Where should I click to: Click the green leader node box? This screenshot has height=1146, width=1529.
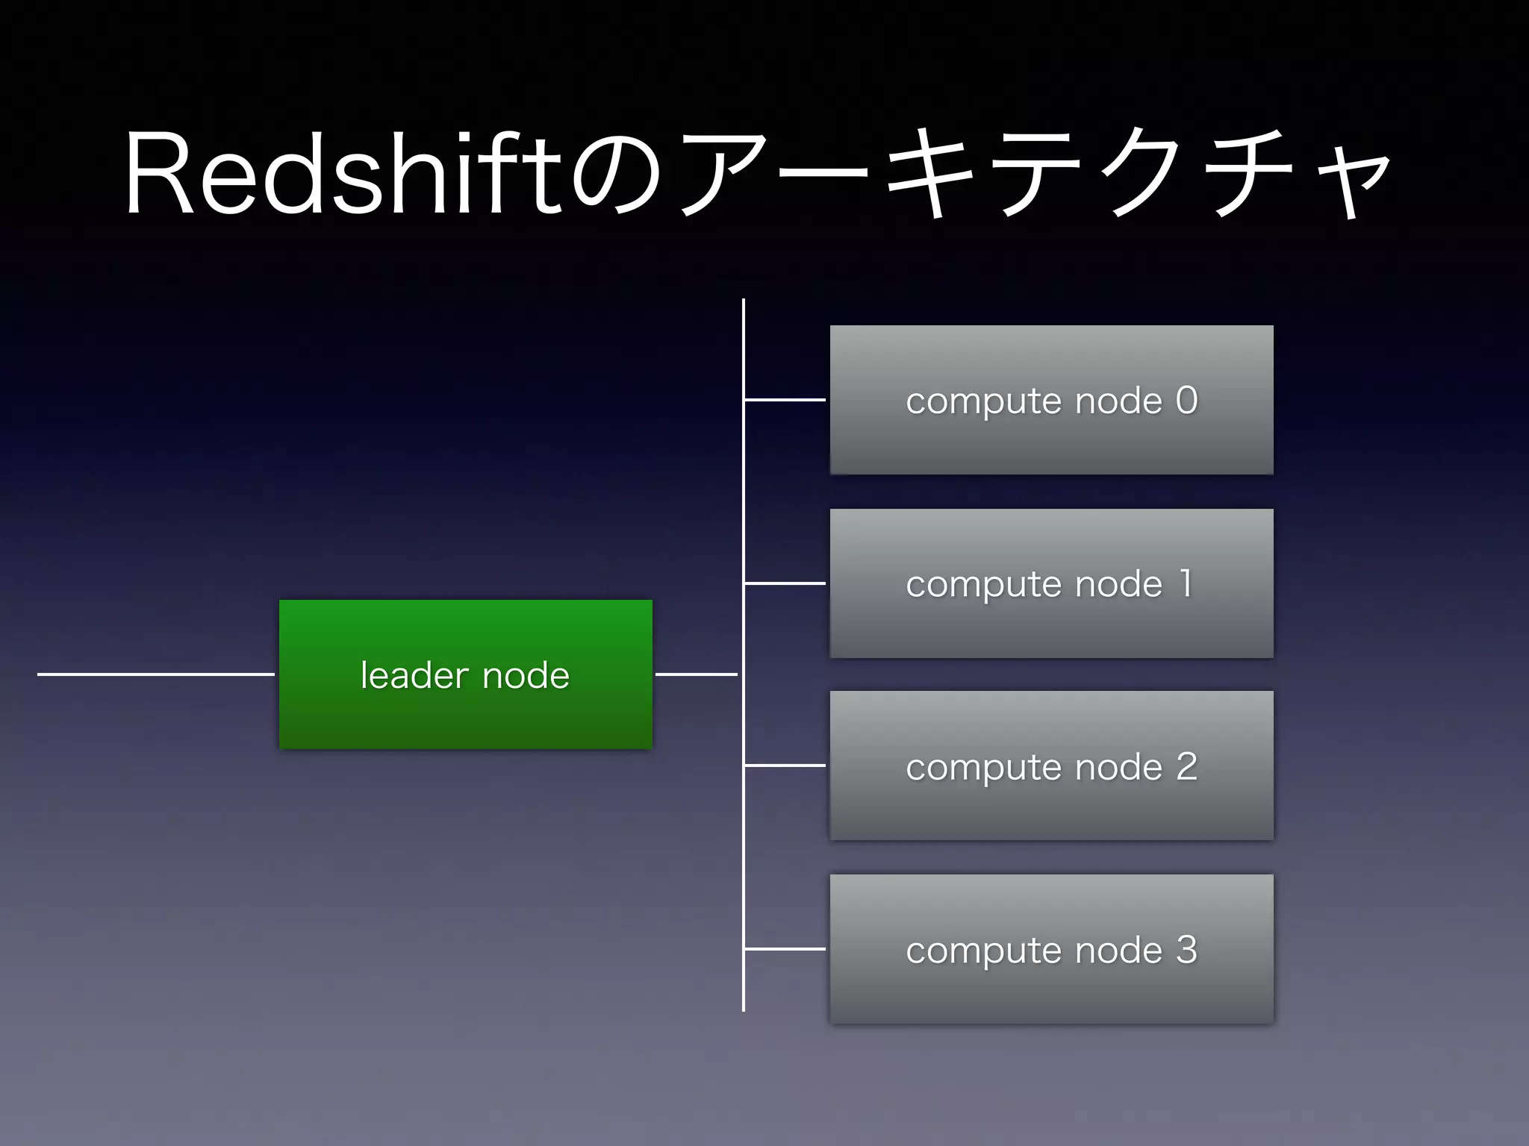(x=465, y=716)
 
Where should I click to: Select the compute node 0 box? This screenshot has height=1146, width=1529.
(x=1051, y=440)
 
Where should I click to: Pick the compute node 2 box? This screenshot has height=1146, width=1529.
(x=1051, y=806)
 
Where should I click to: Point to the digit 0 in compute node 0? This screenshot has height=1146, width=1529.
(x=1186, y=400)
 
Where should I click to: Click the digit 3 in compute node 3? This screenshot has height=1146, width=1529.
(x=1186, y=949)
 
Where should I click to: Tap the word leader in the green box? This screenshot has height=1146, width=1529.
(x=413, y=675)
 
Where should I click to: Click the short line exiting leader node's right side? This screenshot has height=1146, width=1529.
(x=696, y=674)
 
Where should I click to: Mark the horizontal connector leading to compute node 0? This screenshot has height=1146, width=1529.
(x=785, y=400)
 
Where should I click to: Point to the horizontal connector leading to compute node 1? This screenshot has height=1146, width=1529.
(x=785, y=583)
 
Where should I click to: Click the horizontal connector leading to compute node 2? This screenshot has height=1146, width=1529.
(x=785, y=765)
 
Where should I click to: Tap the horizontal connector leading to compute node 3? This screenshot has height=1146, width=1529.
(x=785, y=949)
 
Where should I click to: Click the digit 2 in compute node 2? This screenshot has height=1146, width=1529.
(x=1186, y=766)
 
